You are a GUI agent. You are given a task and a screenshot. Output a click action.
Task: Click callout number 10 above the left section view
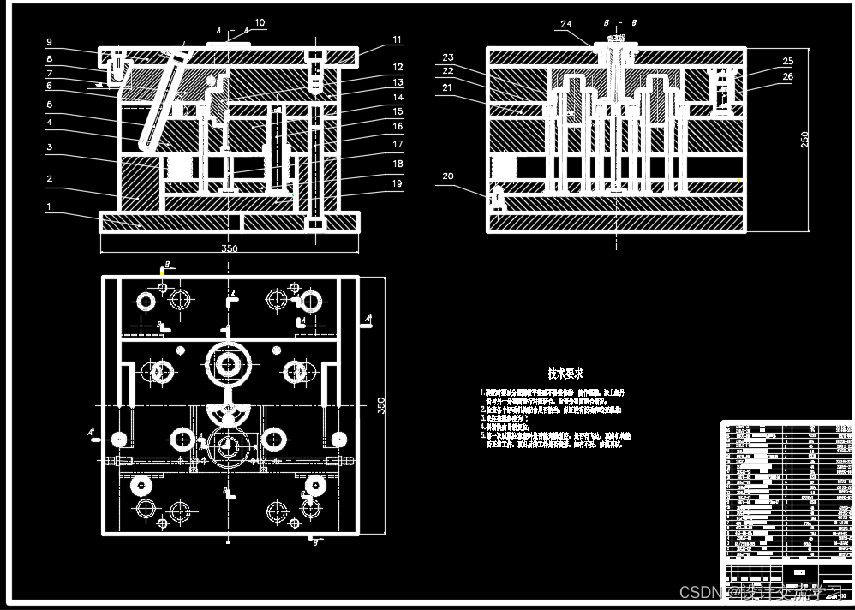coord(260,22)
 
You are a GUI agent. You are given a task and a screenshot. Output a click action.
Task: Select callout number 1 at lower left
coord(50,206)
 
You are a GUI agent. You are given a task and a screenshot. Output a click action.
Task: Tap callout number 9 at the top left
coord(50,42)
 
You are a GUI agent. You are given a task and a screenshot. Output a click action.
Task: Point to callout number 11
coord(398,39)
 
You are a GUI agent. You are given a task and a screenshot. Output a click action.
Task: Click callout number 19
coord(398,183)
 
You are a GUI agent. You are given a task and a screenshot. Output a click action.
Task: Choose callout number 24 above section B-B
coord(565,25)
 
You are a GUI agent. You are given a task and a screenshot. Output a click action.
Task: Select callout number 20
coord(447,176)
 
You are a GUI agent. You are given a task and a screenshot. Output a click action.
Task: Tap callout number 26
coord(787,77)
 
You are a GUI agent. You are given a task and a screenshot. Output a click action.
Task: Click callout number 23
coord(447,57)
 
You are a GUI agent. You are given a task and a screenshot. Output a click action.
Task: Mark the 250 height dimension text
coord(804,139)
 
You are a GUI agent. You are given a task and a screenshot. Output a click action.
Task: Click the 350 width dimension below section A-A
coord(230,249)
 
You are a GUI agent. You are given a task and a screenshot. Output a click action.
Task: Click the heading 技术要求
coord(566,374)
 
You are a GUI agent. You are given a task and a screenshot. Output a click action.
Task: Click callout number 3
coord(50,147)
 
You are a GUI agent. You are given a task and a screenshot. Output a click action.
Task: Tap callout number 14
coord(398,98)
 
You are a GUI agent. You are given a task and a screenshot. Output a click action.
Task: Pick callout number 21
coord(447,87)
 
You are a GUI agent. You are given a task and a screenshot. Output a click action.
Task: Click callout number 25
coord(787,61)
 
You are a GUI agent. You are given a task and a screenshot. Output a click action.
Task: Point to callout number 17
coord(398,144)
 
